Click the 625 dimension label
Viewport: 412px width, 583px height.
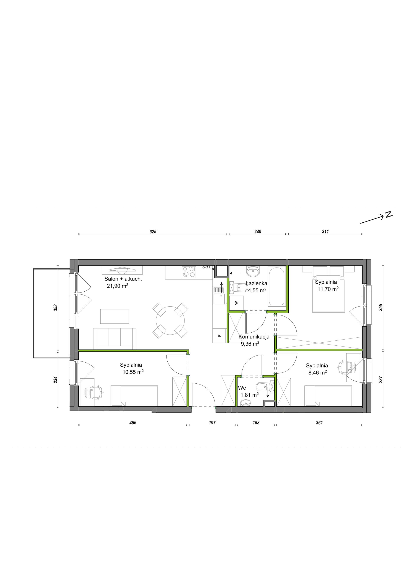point(153,232)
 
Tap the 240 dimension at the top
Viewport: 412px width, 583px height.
point(258,232)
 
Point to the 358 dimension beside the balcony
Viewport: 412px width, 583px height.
point(56,308)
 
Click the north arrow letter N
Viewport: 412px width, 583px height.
point(388,214)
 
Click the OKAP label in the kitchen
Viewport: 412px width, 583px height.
point(206,267)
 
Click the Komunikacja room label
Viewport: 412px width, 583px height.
point(254,337)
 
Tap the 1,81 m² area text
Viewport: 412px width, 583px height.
point(250,395)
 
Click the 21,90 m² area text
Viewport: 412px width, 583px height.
point(118,286)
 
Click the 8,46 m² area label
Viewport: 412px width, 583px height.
point(317,373)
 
